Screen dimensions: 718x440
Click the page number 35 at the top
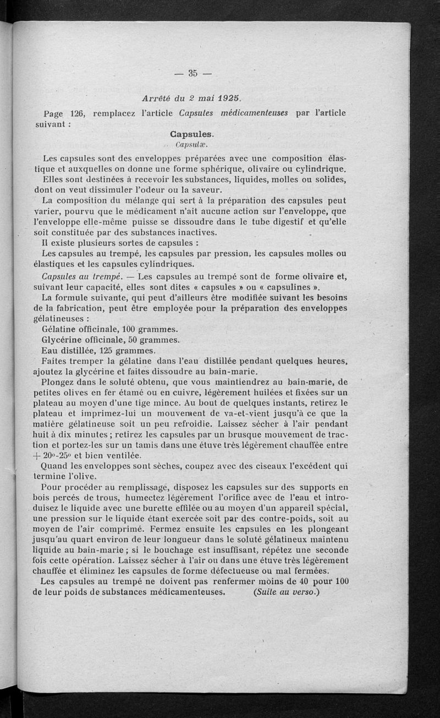tap(193, 73)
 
